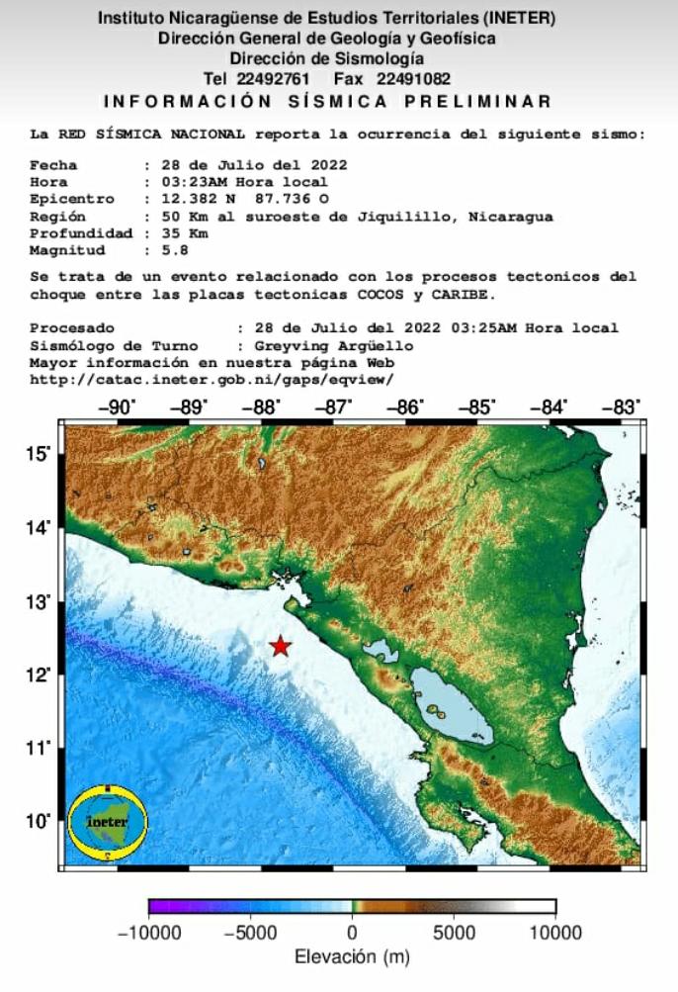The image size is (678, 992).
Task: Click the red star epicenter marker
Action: (x=281, y=646)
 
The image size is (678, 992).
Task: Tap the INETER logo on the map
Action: (x=108, y=821)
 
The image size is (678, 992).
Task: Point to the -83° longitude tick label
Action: (x=624, y=406)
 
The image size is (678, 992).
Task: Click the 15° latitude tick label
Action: (x=40, y=454)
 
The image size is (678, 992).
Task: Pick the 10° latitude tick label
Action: (x=40, y=820)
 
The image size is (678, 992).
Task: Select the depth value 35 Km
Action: (x=167, y=233)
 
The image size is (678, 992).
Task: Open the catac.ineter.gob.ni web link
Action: (x=212, y=379)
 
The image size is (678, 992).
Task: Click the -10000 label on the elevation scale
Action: (x=149, y=933)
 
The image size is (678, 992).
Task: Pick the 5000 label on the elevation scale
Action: (x=454, y=933)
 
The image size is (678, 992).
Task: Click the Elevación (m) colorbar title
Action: (x=351, y=957)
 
